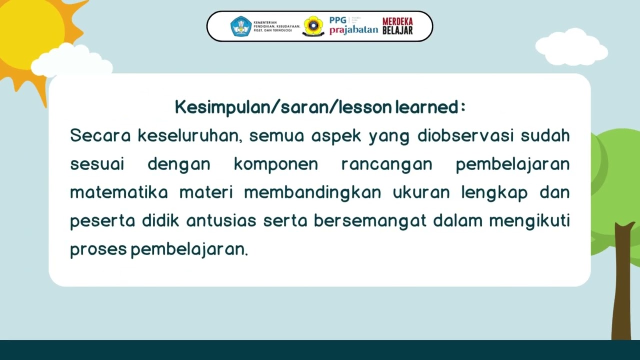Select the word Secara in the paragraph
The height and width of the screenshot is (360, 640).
point(100,135)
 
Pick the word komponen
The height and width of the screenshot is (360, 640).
point(275,164)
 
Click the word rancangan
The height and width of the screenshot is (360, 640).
point(386,164)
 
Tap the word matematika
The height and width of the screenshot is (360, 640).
point(118,192)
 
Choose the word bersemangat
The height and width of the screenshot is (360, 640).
point(370,221)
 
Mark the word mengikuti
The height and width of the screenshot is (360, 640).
point(529,221)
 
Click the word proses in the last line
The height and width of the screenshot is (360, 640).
point(98,249)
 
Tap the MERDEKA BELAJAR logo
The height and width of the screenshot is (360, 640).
point(397,26)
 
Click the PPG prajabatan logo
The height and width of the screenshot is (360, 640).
point(353,26)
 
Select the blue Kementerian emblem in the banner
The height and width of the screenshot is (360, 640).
point(240,26)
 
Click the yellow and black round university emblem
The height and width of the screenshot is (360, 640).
point(313,26)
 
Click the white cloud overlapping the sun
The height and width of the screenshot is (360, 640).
point(70,61)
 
